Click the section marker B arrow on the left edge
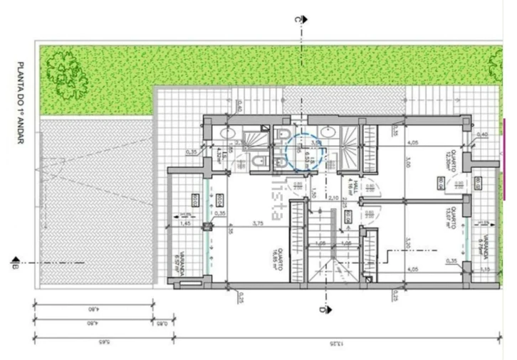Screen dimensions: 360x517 [x=14, y=263]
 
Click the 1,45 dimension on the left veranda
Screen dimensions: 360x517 [x=185, y=223]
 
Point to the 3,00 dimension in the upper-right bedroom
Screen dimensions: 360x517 [x=408, y=163]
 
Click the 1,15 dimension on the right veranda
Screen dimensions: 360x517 [x=487, y=269]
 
